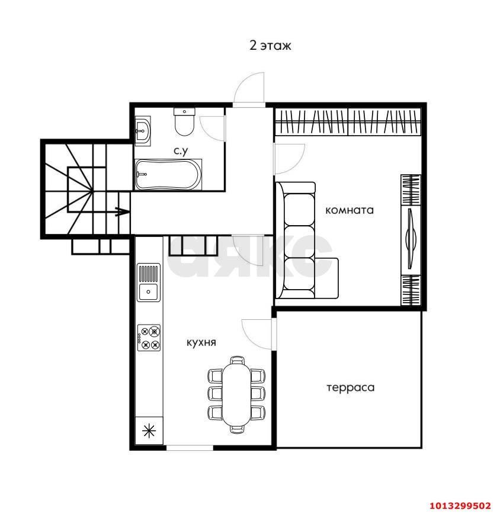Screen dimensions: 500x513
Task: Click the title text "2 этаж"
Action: tap(270, 46)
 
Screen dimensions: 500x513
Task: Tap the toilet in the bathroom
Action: tap(185, 121)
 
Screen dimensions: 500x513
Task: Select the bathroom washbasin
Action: tap(143, 131)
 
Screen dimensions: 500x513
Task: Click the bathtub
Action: tap(168, 174)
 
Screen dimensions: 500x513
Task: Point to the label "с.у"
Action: tap(181, 151)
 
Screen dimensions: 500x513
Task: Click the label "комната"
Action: tap(350, 210)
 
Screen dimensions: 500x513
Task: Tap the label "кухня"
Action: tap(201, 342)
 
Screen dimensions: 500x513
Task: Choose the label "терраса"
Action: tap(351, 387)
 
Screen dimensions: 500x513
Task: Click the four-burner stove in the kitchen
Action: tap(149, 338)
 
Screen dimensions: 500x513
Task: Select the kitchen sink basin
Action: tap(149, 292)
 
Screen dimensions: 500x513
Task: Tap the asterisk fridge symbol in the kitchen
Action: tap(149, 431)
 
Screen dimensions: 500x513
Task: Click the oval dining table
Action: tap(236, 395)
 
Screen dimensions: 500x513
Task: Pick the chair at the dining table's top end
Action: tap(237, 360)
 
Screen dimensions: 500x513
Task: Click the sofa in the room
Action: tap(306, 241)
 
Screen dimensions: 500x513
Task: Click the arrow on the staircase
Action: tap(121, 211)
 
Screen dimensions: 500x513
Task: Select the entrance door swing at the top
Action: tap(249, 88)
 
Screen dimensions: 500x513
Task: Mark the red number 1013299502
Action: tap(460, 505)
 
